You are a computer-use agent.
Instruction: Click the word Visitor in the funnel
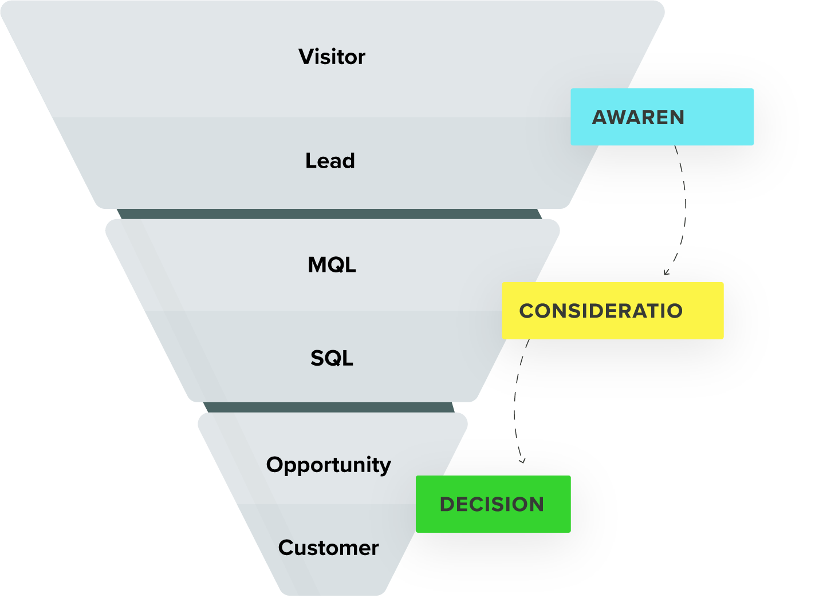332,57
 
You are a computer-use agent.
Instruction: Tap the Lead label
330,161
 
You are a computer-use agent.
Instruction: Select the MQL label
332,265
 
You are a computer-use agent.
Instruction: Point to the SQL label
332,358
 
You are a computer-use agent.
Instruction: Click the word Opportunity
328,465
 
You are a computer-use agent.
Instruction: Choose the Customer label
328,548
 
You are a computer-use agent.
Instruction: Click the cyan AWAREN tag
662,117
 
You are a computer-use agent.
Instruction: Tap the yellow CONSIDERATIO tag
612,311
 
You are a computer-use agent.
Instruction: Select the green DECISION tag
493,504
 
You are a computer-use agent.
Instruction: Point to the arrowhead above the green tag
521,460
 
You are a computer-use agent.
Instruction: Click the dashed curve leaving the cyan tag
684,200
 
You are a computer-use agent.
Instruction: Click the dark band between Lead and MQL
329,214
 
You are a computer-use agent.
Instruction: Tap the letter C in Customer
286,548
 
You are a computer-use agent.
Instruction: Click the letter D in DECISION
447,504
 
